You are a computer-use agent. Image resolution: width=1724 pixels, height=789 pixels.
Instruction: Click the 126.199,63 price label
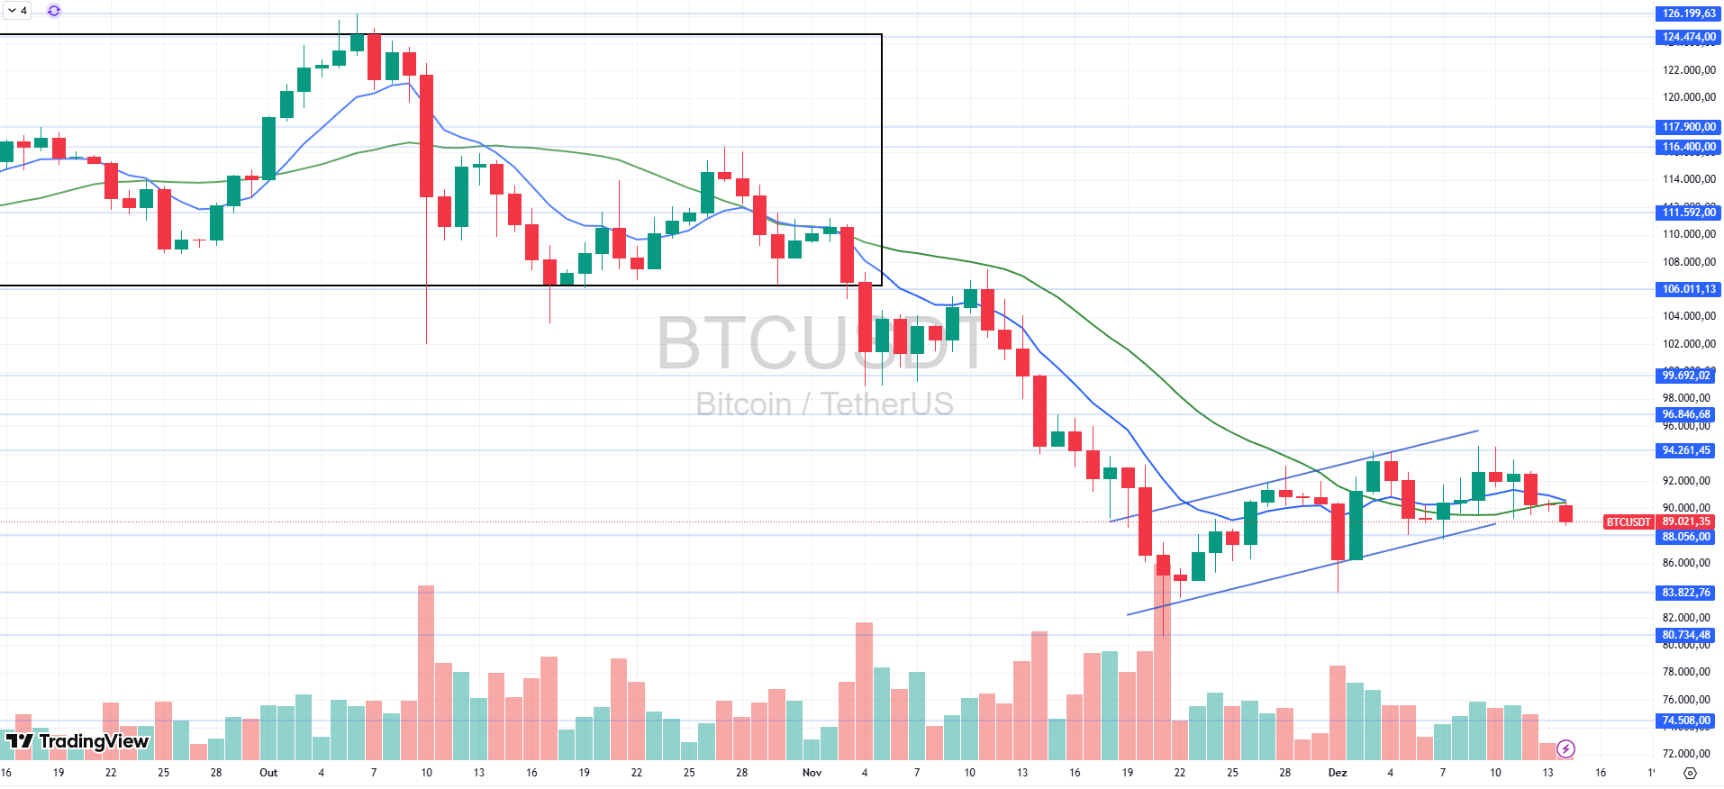coord(1688,14)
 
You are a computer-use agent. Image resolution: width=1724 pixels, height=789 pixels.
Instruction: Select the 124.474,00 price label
coord(1688,37)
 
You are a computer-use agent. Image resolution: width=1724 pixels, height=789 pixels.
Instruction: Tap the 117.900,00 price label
coord(1688,127)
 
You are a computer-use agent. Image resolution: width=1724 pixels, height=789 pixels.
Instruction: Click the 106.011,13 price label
coord(1688,289)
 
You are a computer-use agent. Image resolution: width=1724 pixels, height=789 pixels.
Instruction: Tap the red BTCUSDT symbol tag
coord(1629,522)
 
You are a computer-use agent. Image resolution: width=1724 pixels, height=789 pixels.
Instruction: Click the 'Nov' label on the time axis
coord(812,773)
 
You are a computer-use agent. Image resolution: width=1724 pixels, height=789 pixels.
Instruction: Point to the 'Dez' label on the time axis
coord(1338,773)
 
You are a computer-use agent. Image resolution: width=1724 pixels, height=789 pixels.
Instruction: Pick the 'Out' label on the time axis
coord(268,773)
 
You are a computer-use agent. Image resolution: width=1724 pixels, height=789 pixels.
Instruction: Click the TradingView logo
coord(77,741)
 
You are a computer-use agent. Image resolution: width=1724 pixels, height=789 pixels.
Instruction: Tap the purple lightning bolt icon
coord(1566,748)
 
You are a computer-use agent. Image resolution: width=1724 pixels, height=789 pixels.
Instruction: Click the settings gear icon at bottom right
coord(1690,773)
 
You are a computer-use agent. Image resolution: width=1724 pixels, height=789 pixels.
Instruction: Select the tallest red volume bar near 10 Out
coord(426,671)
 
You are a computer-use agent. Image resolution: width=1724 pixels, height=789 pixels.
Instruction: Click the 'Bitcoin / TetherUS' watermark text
coord(824,404)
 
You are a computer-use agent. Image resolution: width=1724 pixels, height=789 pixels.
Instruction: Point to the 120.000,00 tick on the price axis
coord(1688,97)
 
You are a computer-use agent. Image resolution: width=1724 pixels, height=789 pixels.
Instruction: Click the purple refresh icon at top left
coord(54,11)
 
